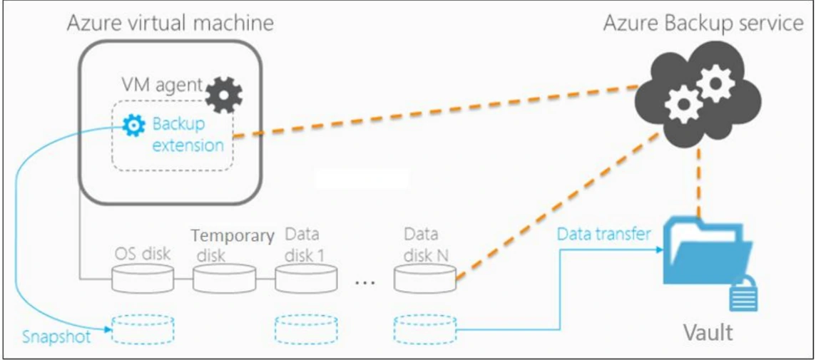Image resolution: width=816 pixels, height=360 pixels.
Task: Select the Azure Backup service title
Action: coord(703,23)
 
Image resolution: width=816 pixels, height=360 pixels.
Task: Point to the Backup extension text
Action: coord(188,135)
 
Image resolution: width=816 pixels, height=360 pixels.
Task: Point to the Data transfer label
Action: coord(603,234)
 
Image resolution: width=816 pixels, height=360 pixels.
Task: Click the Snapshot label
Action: coord(56,336)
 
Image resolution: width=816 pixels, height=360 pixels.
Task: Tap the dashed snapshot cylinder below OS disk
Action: coord(143,330)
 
